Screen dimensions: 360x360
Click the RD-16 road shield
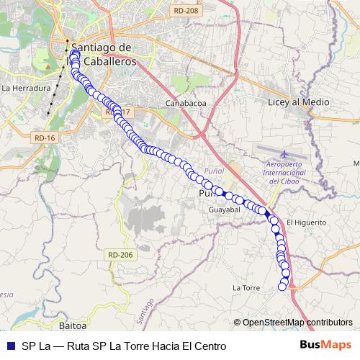(x=44, y=138)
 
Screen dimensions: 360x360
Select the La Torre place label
(x=246, y=288)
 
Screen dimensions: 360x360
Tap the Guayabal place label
(x=223, y=210)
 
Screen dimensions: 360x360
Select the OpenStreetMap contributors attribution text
(x=297, y=323)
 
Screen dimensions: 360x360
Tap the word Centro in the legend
(x=210, y=346)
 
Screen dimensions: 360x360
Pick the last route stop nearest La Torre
(x=283, y=287)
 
